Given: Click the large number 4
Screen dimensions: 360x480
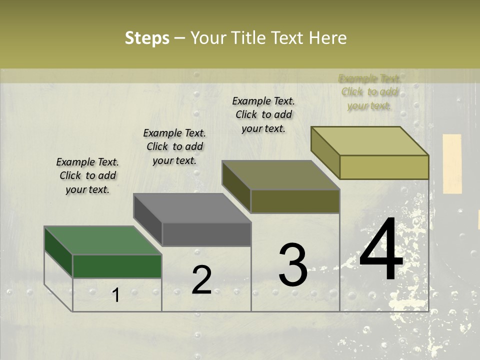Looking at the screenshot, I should pos(381,250).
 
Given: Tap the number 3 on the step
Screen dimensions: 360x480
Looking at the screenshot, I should pos(293,265).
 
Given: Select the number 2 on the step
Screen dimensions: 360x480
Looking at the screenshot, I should pos(201,279).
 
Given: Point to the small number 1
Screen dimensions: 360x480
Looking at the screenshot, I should pos(115,295).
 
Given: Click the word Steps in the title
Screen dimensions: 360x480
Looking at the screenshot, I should pos(147,38).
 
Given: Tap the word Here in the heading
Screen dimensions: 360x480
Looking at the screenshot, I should pos(327,38).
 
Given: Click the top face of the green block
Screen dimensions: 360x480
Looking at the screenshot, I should pos(103,240).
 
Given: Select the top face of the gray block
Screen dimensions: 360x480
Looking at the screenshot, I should pos(192,208).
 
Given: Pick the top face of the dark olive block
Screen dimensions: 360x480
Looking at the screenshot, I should pos(281,175).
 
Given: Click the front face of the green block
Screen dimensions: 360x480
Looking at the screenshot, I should pos(117,266).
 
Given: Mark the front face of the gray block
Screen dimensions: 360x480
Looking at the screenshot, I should pos(206,234).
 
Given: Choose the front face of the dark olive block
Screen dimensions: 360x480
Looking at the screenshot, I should pos(295,201).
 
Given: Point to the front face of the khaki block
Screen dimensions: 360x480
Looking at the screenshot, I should pos(384,167).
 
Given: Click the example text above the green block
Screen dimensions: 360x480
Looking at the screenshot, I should pos(87,176).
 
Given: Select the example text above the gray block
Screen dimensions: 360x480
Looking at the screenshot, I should pos(174,147).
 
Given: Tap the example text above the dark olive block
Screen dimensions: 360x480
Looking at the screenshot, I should pos(263,114).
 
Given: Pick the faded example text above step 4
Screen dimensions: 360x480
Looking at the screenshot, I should pos(369,92).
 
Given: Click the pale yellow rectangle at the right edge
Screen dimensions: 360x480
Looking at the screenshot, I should pos(452,163).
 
